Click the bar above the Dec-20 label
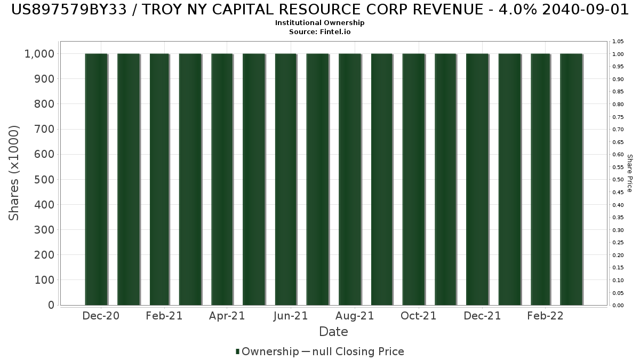coord(97,179)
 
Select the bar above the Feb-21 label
coord(160,179)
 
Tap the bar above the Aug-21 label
coord(350,179)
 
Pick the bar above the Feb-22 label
coord(541,179)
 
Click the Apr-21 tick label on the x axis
coord(227,316)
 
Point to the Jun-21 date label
coord(290,316)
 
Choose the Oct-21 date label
coord(419,316)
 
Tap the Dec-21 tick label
coord(483,316)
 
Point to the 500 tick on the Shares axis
coord(44,180)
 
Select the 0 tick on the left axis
coord(51,305)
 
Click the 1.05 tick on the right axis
coord(618,42)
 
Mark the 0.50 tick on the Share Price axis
coord(618,180)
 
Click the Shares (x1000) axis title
coord(14,173)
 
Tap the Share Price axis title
coord(629,173)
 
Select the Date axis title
coord(333,332)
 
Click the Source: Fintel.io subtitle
coord(319,32)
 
